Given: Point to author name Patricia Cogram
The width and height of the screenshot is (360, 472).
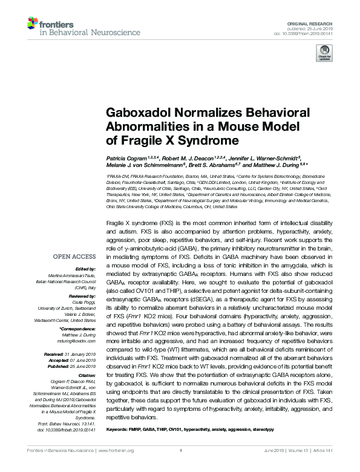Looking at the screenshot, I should pos(126,157).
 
